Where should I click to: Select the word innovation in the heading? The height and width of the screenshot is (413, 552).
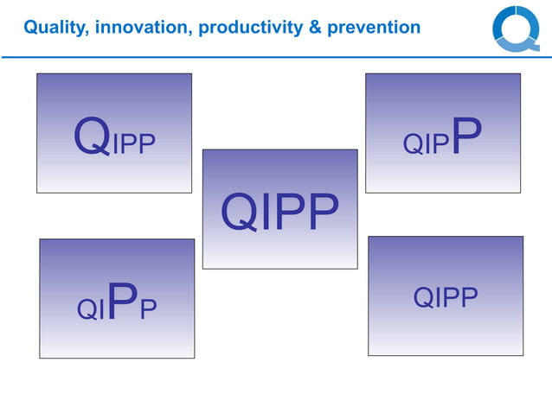142,28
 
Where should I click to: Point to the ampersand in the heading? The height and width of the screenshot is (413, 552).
318,28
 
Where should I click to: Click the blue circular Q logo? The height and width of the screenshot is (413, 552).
516,29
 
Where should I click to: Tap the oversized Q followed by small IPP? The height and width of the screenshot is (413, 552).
93,138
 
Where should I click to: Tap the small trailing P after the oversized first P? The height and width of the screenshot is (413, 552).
148,308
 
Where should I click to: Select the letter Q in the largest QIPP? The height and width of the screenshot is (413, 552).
240,213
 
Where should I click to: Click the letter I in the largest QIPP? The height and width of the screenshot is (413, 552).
266,213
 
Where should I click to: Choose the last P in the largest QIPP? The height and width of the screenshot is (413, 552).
322,213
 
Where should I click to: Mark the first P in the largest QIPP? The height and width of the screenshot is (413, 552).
291,213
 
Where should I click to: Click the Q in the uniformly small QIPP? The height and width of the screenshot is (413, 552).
423,298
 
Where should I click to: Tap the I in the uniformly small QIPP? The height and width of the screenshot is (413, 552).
437,298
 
